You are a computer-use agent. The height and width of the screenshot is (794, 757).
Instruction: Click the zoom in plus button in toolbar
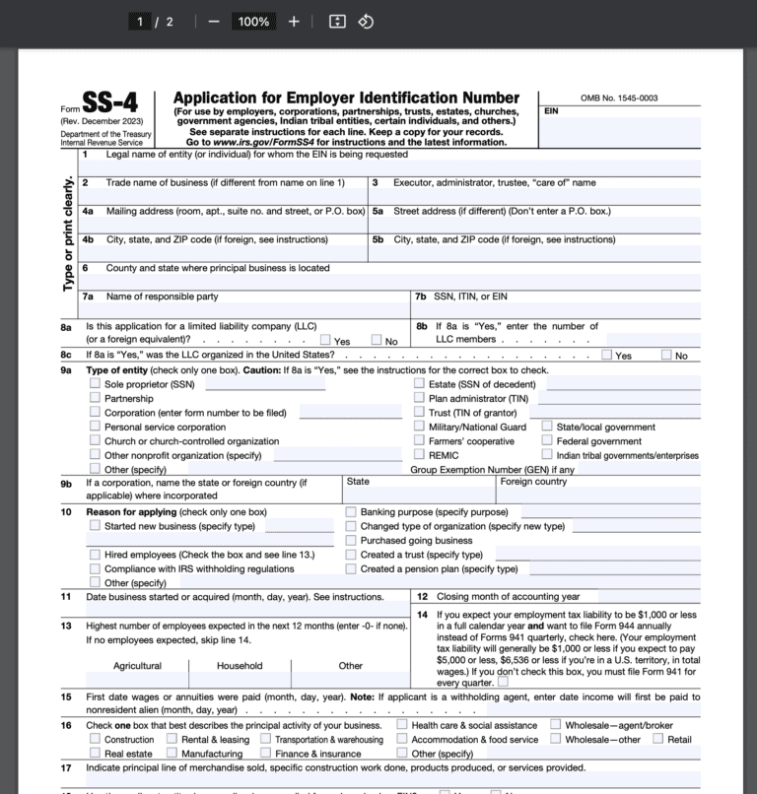click(294, 22)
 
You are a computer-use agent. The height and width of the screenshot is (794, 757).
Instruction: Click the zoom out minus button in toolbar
click(214, 22)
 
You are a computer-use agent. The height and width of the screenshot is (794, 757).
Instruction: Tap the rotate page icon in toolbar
click(366, 22)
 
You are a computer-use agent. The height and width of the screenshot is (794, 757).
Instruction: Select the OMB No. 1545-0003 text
click(619, 98)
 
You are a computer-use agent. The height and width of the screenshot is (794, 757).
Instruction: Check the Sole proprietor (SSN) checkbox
click(96, 383)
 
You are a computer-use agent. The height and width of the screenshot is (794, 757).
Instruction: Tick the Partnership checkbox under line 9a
click(96, 398)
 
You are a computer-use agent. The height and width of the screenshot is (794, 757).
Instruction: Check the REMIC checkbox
click(420, 455)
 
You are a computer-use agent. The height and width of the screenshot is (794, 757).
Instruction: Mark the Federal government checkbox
click(547, 441)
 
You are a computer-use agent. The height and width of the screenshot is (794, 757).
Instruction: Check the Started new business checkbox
click(96, 526)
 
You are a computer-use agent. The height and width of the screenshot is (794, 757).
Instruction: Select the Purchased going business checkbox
click(351, 540)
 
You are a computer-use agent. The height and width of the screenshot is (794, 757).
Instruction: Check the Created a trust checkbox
click(351, 555)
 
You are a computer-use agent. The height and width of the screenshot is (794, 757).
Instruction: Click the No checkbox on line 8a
click(377, 341)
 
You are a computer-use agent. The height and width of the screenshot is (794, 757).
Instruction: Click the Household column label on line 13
click(240, 666)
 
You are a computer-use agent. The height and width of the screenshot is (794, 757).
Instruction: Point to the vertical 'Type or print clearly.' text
click(68, 232)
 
